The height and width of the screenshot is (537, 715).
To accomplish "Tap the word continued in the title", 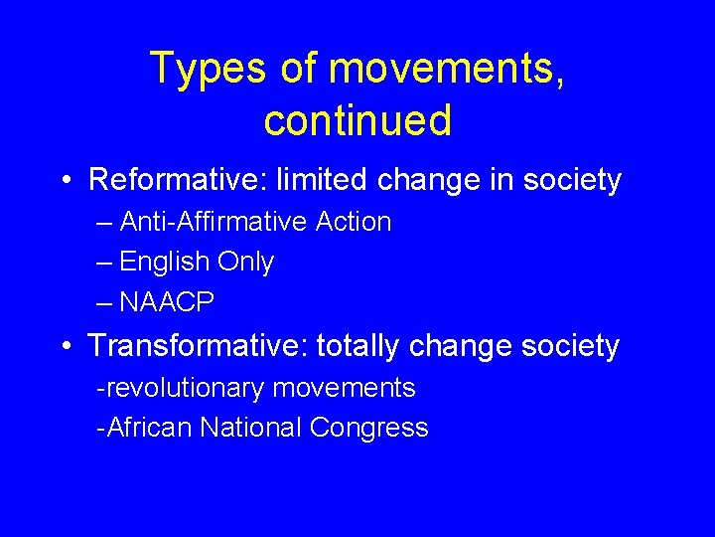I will point(357,120).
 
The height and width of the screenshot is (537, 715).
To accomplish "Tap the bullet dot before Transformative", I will point(65,347).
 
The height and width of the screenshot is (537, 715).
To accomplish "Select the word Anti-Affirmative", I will point(211,222).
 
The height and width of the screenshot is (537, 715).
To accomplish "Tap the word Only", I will point(245,263).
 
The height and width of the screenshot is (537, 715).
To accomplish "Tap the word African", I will point(149,428).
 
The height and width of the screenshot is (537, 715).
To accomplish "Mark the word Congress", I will point(368,428).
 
